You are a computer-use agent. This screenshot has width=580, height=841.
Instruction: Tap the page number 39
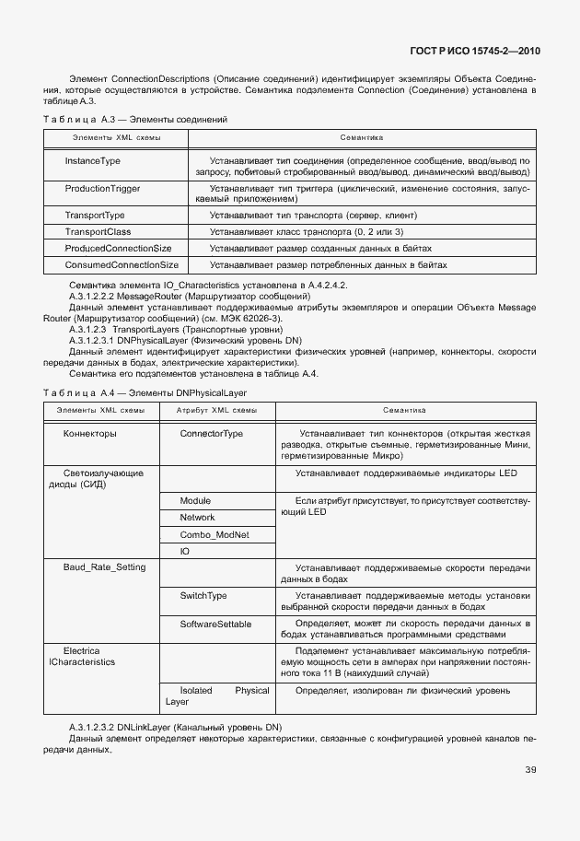point(530,770)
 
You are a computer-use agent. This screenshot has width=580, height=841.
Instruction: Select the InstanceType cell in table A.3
point(92,160)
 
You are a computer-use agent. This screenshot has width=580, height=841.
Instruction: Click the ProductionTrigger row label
point(102,188)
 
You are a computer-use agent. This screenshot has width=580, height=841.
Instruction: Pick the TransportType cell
point(95,215)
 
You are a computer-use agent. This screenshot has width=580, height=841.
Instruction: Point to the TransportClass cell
point(98,231)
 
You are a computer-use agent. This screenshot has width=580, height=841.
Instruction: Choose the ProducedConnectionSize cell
point(118,249)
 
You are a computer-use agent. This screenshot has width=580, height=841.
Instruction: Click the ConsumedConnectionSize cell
point(122,265)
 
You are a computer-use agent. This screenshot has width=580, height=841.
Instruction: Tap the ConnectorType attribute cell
point(211,433)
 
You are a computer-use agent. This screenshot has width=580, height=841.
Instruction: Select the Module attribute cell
point(195,500)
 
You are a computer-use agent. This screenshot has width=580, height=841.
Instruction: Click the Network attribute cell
point(197,518)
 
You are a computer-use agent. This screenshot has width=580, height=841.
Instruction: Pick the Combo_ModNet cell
point(214,534)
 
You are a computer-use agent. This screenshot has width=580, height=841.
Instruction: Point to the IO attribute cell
point(184,551)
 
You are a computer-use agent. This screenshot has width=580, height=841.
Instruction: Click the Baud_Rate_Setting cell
point(103,567)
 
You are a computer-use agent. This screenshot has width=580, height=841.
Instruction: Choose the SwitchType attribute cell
point(203,596)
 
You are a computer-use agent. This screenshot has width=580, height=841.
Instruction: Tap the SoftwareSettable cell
point(215,625)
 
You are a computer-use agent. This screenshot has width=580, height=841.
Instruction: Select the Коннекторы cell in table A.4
point(89,433)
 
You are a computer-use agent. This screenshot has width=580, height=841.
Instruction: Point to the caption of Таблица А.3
point(135,120)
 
